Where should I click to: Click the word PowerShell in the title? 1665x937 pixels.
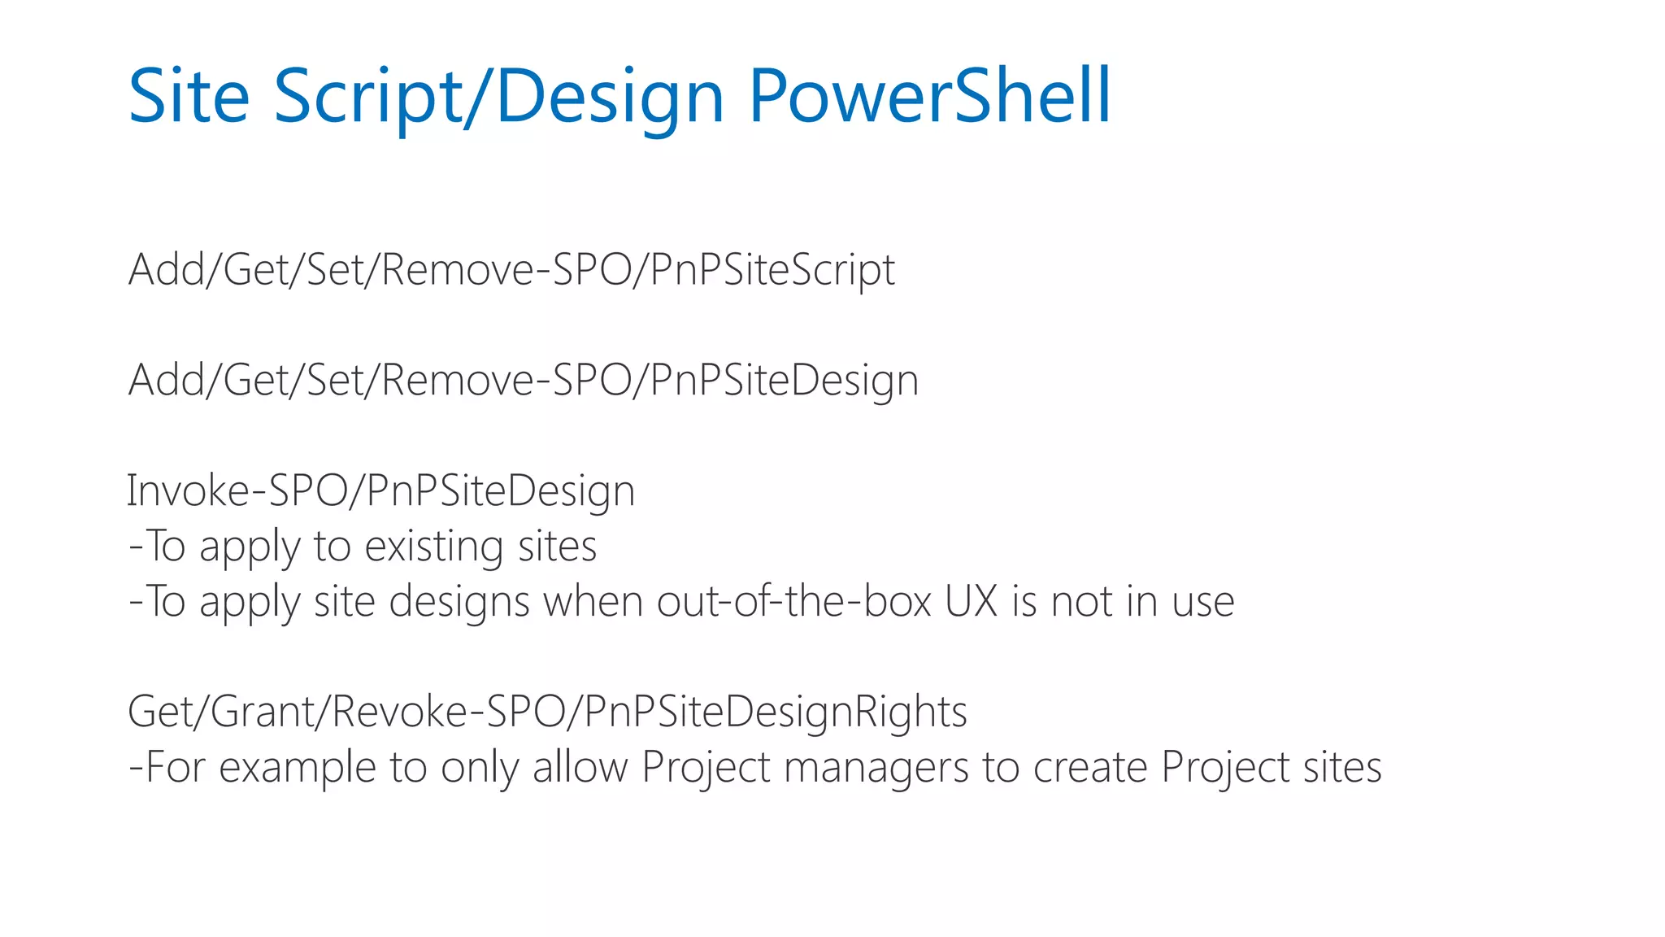coord(929,96)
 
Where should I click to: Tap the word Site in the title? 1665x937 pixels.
coord(189,96)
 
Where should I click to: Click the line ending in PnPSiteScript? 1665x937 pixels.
coord(511,270)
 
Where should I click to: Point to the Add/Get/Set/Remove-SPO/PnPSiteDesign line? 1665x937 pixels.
coord(524,381)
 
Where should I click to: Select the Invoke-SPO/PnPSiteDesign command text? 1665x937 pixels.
coord(380,491)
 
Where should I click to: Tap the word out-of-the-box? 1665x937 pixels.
coord(793,602)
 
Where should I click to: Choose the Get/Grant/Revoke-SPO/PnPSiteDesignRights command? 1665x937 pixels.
coord(547,713)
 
